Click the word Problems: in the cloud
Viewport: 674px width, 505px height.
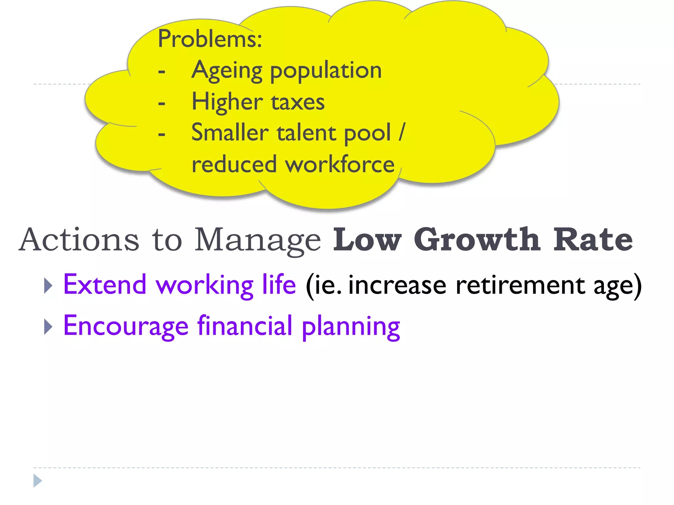pyautogui.click(x=210, y=39)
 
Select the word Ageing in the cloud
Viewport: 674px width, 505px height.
pyautogui.click(x=227, y=71)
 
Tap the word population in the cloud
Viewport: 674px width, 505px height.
pyautogui.click(x=326, y=71)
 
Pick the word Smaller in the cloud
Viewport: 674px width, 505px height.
pyautogui.click(x=230, y=132)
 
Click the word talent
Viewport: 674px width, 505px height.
pyautogui.click(x=306, y=132)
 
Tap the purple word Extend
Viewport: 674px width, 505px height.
pyautogui.click(x=105, y=284)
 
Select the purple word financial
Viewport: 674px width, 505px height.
pyautogui.click(x=245, y=326)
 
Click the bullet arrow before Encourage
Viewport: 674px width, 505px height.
pyautogui.click(x=48, y=327)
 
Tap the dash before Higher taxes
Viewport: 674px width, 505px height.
pyautogui.click(x=162, y=103)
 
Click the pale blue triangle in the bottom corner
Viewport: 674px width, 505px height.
pyautogui.click(x=38, y=481)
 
